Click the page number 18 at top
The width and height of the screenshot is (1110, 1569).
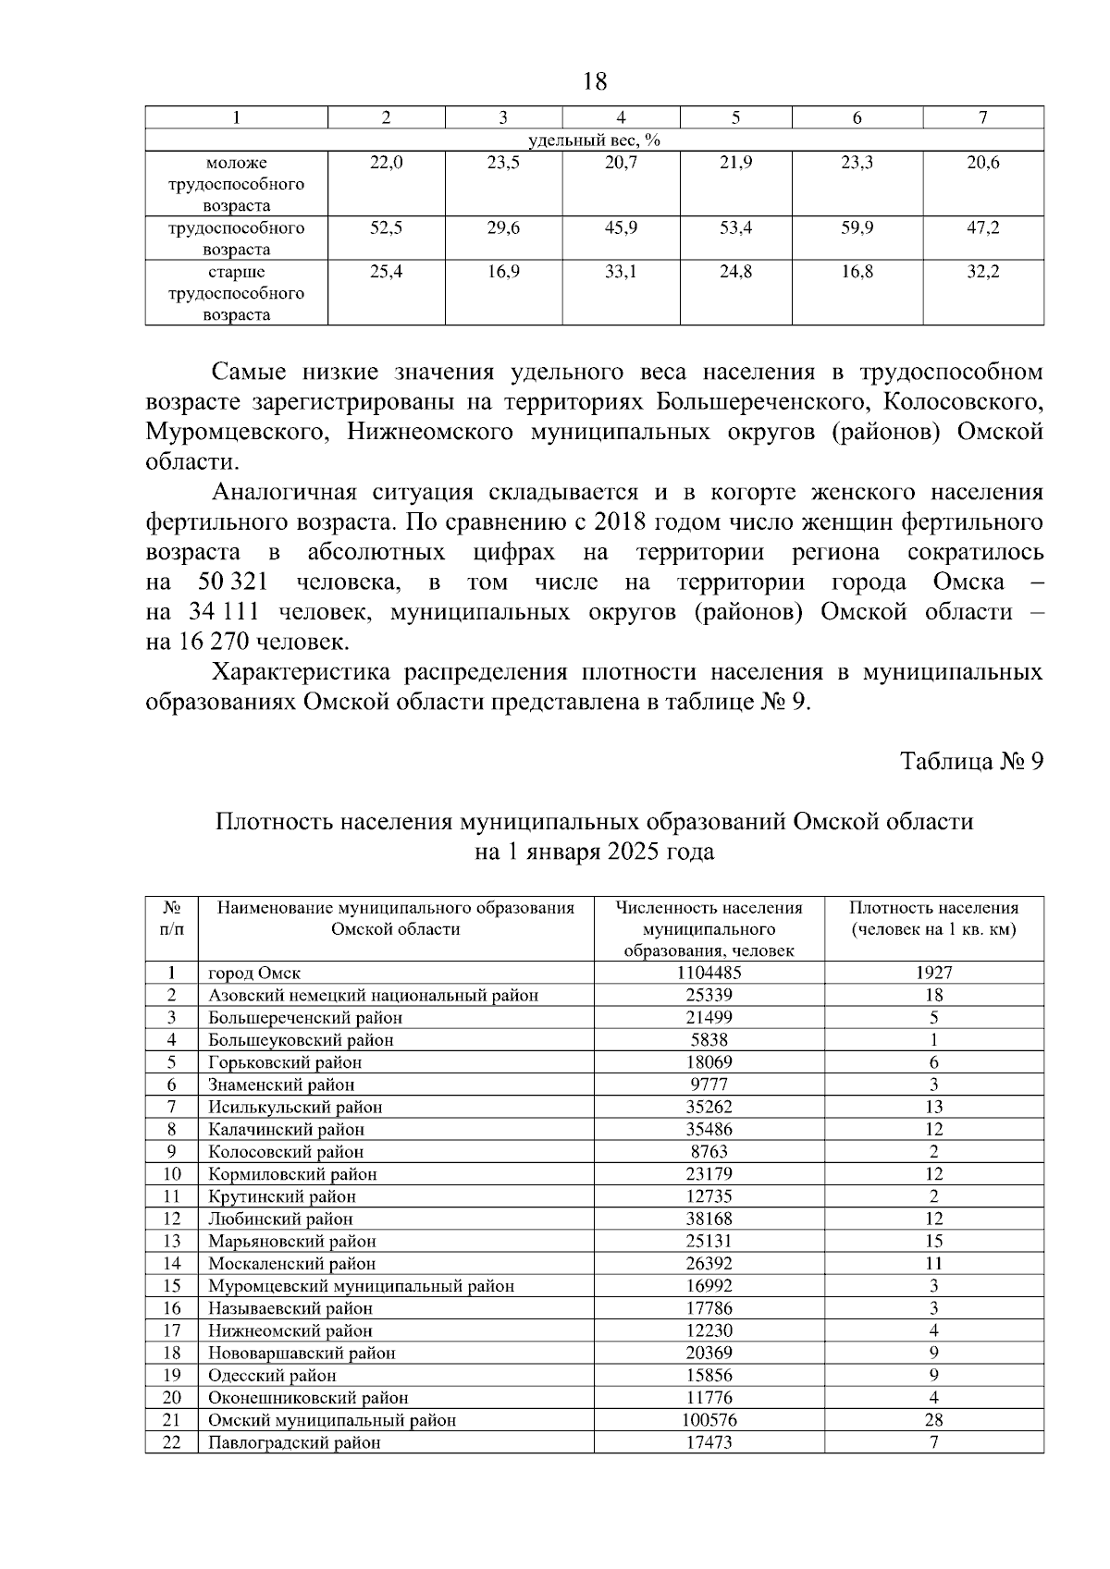596,82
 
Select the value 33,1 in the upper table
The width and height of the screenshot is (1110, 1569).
621,272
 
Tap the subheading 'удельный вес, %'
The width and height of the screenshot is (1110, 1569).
594,141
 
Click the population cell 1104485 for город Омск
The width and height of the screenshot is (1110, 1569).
709,973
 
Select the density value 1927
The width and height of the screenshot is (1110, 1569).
933,973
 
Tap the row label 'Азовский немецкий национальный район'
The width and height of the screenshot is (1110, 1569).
373,996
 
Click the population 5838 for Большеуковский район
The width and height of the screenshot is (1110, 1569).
709,1040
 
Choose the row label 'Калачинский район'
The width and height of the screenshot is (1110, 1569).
286,1130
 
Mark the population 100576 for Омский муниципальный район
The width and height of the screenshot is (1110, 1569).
709,1420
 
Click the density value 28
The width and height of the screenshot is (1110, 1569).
933,1420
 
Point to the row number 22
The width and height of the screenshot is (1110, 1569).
171,1442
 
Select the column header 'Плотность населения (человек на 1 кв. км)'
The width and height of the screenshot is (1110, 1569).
933,918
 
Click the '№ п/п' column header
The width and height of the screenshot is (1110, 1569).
171,918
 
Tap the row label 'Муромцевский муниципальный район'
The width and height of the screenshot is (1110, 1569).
361,1286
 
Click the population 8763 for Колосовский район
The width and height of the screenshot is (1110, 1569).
709,1152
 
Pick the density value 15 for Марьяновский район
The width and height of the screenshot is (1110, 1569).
933,1242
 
